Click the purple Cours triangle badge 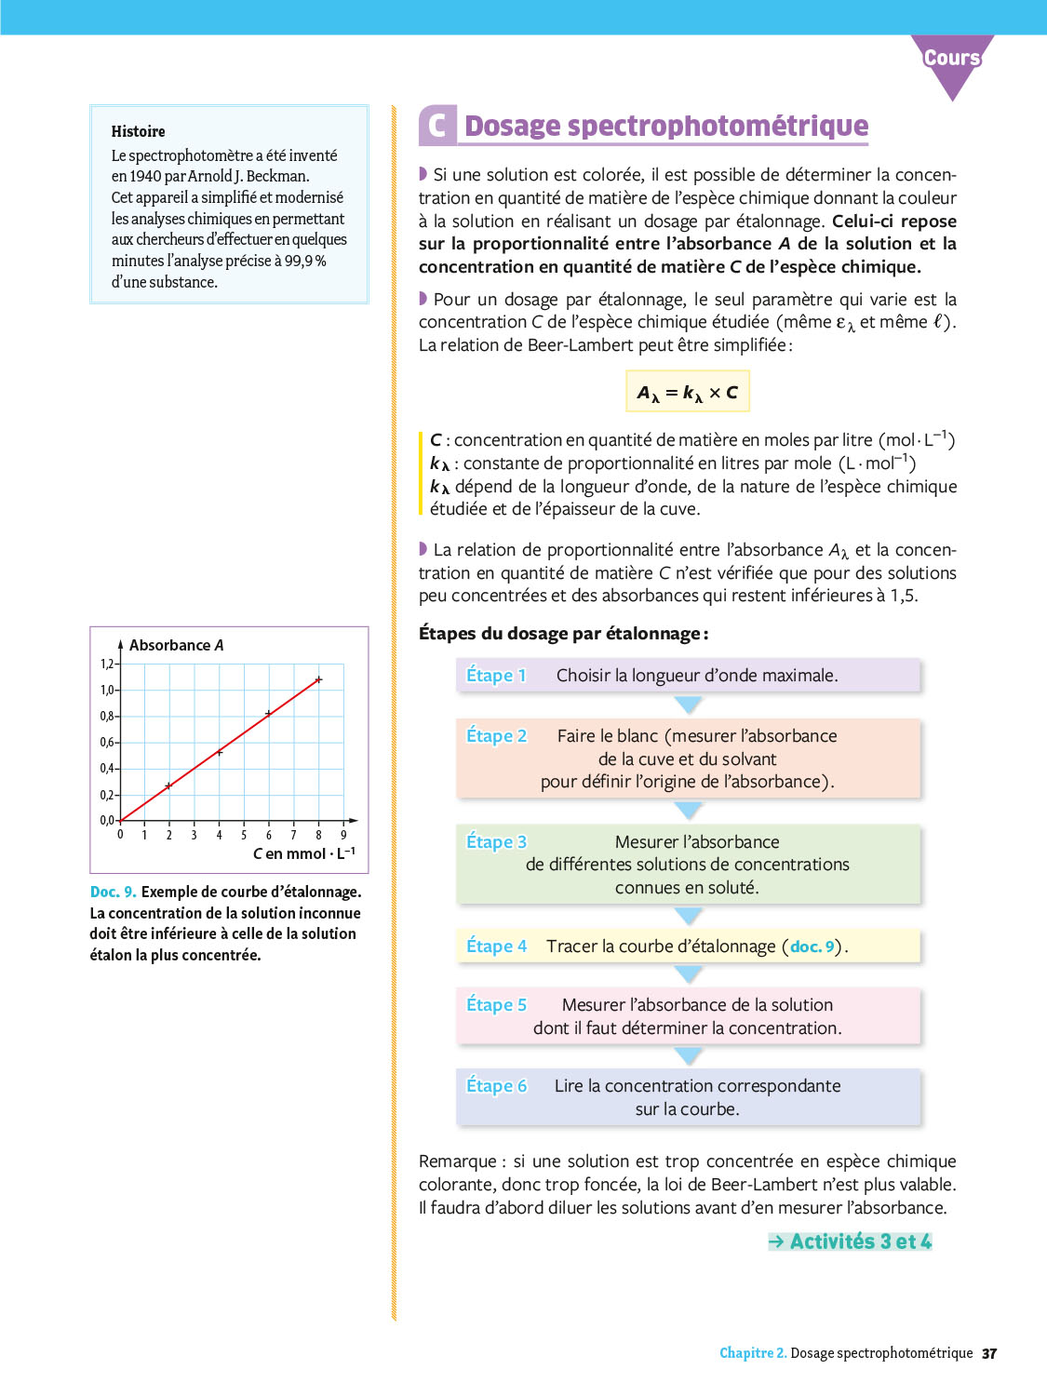952,61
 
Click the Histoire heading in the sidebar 138,131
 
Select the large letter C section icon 437,126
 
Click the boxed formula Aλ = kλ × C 687,392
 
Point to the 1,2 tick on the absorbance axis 107,664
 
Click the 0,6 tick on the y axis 107,742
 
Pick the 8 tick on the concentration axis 318,835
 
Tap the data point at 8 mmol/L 318,679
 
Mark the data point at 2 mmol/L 168,785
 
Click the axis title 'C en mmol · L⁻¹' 303,853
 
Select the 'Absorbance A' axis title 176,645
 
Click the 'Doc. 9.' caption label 113,892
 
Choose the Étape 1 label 496,675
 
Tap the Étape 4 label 496,946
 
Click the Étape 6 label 496,1085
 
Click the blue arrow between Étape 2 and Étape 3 688,811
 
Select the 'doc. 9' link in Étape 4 812,946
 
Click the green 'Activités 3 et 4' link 851,1242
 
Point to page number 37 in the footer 989,1353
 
